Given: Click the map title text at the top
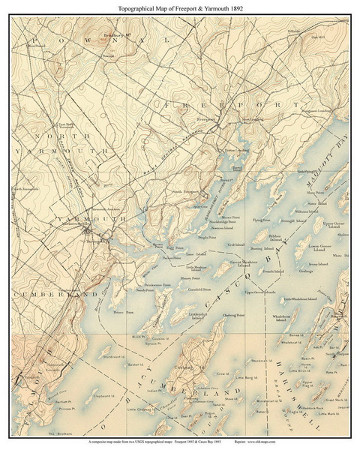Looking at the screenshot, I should (179, 7).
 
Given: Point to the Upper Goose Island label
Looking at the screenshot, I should (320, 224).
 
